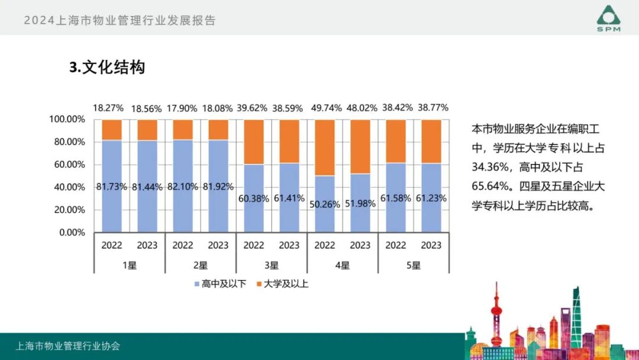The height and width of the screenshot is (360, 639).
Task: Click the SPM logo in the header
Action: [608, 18]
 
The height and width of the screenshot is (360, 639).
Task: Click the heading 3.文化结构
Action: [107, 67]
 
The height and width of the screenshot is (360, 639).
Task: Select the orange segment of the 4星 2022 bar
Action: [325, 147]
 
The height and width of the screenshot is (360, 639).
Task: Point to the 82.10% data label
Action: [182, 187]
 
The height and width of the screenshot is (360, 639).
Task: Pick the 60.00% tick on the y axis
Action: [66, 165]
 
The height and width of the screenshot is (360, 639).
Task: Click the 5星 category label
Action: [414, 265]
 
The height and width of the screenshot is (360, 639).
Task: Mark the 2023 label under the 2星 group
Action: [218, 245]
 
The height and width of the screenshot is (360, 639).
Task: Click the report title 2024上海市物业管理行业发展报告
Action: [120, 20]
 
